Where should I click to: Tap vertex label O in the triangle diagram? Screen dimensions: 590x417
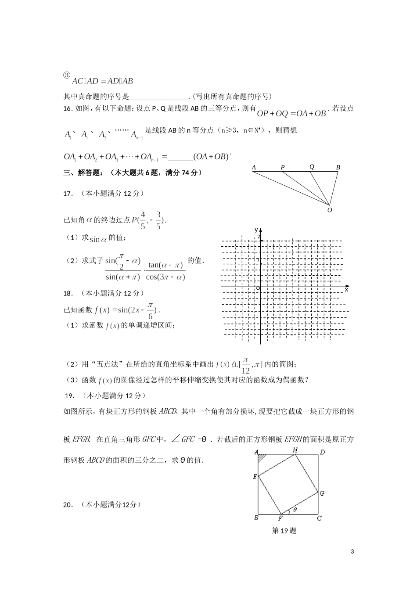point(330,210)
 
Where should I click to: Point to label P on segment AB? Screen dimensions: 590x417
point(283,167)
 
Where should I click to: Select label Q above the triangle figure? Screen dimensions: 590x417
point(312,166)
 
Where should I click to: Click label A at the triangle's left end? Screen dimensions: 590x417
point(254,167)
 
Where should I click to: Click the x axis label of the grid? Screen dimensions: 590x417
point(346,289)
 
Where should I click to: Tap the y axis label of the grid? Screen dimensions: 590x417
point(256,230)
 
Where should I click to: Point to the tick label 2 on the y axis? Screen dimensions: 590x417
point(259,237)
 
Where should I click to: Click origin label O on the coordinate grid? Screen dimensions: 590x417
point(258,288)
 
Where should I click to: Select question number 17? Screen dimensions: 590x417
point(68,193)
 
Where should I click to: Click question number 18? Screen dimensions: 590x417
point(68,293)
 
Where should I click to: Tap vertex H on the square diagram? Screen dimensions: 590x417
point(295,450)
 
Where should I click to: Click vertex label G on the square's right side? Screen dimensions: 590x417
point(322,493)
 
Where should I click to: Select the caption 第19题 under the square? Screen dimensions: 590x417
point(284,531)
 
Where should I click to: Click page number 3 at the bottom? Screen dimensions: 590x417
point(352,551)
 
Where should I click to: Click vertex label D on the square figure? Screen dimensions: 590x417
point(322,452)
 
